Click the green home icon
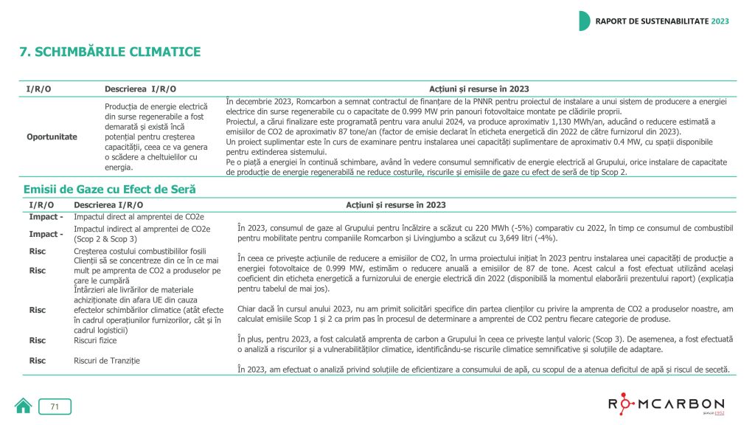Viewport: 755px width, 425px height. click(24, 406)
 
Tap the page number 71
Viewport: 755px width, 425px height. click(55, 407)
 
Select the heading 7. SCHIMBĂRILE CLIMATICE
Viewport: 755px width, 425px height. click(109, 52)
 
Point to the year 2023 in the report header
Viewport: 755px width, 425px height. click(720, 21)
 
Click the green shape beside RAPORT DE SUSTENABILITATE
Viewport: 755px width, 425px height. click(584, 21)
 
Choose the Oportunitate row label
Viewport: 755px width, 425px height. click(52, 137)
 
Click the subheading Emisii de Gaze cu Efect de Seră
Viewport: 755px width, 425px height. click(109, 190)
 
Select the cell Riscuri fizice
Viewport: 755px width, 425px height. click(95, 341)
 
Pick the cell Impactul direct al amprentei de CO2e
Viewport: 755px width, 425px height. click(139, 217)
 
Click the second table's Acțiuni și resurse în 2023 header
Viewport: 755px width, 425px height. click(395, 204)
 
